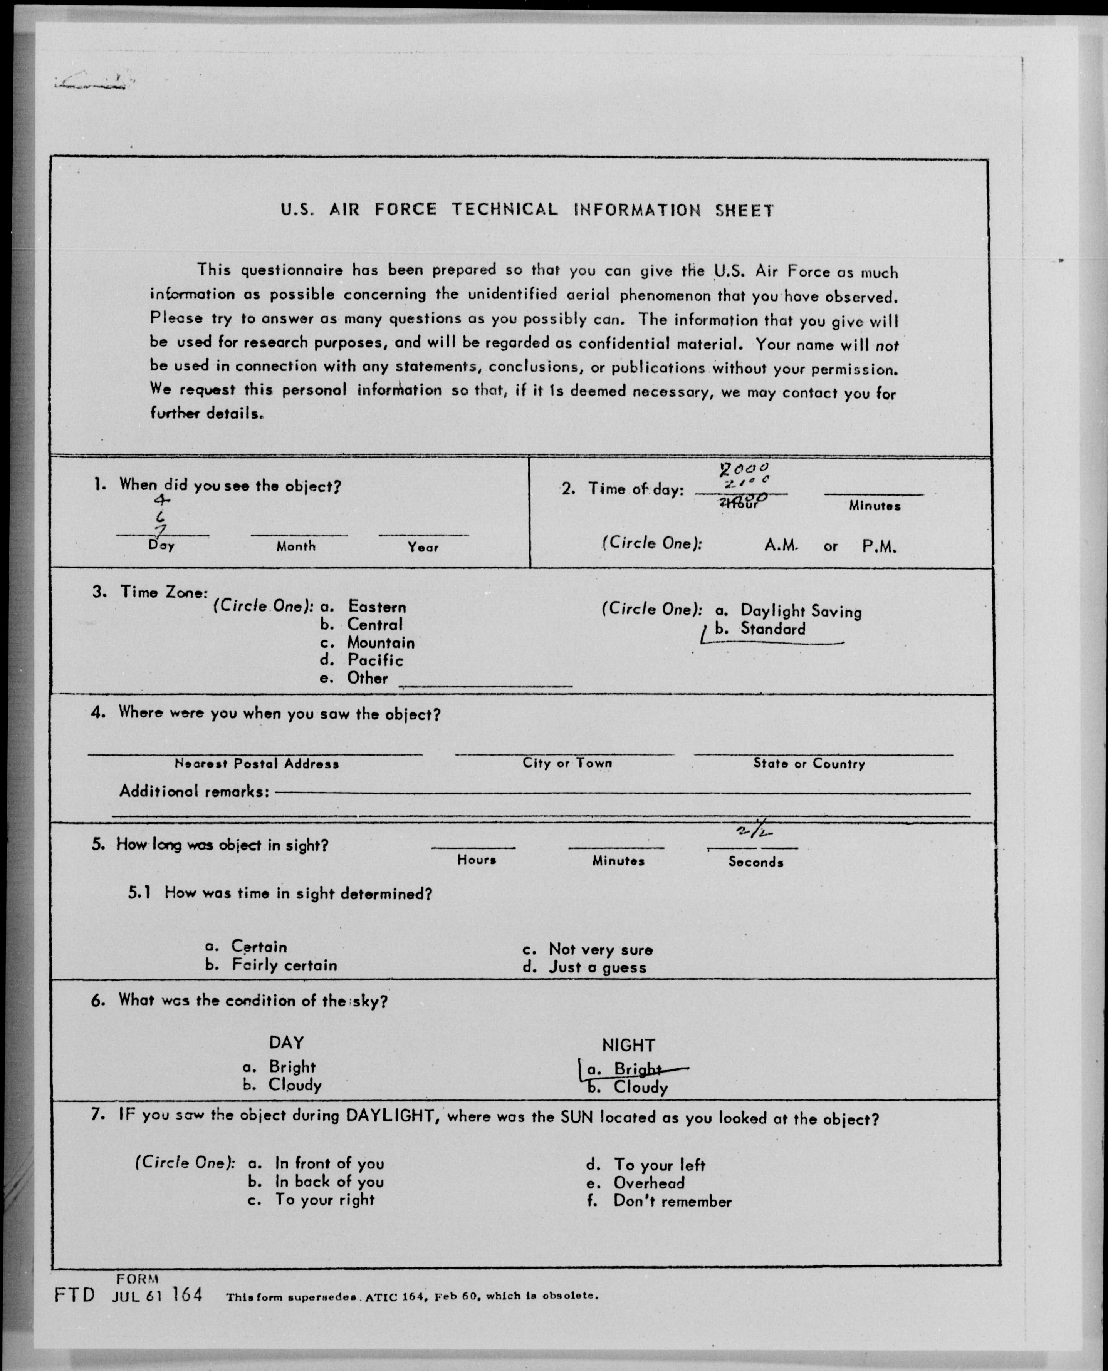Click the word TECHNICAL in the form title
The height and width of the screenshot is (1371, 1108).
click(504, 209)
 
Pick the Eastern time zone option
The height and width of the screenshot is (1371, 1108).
click(376, 606)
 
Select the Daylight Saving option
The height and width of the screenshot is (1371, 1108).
click(800, 611)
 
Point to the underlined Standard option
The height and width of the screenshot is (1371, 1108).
click(772, 629)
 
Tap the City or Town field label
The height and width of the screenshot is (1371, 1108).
click(567, 763)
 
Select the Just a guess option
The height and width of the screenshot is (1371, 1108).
click(598, 967)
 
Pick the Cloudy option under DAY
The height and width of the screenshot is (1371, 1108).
click(294, 1084)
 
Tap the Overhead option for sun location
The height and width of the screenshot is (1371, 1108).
click(648, 1183)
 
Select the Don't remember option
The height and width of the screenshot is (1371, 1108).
click(672, 1201)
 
